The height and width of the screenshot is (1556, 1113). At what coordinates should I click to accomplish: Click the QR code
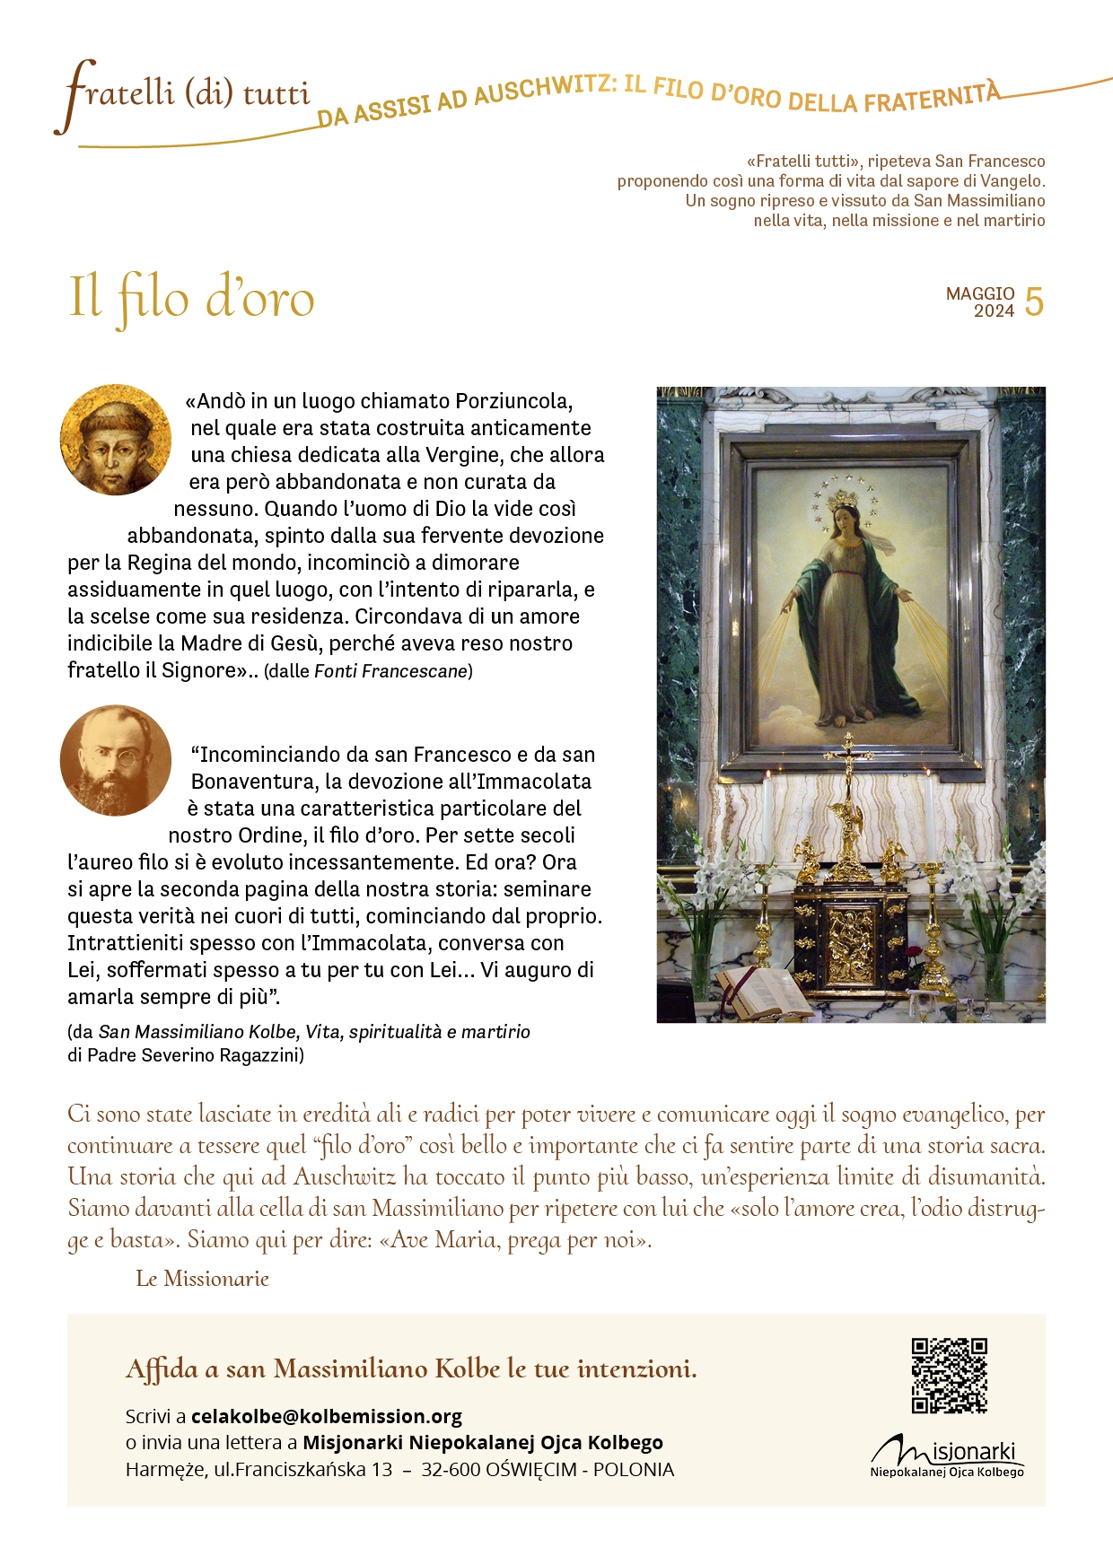click(949, 1375)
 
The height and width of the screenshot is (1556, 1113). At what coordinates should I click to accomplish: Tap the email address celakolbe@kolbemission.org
click(327, 1416)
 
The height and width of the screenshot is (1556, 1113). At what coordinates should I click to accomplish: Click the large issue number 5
click(1034, 302)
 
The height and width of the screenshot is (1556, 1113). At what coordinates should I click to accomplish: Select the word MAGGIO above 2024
click(980, 293)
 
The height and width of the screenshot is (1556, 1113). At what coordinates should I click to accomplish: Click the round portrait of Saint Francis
click(116, 440)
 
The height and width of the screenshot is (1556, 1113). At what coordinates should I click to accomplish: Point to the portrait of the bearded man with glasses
click(116, 760)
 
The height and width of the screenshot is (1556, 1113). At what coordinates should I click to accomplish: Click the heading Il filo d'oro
click(191, 299)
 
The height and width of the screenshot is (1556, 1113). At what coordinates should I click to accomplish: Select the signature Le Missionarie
click(202, 1279)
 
